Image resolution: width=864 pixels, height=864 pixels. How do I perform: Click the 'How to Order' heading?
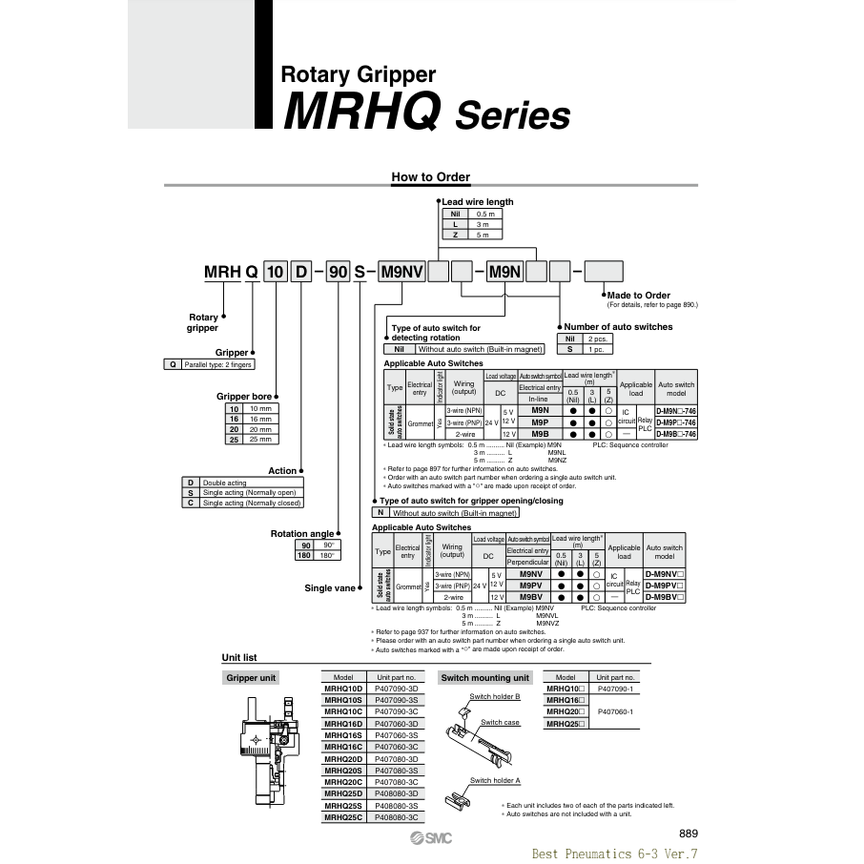(x=430, y=176)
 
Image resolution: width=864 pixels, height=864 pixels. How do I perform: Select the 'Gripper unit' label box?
(x=251, y=678)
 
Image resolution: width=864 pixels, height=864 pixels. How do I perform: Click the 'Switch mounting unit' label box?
(x=484, y=678)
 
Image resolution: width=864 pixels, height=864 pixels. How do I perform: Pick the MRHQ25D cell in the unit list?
(x=343, y=793)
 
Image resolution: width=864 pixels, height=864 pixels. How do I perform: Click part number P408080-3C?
(x=397, y=817)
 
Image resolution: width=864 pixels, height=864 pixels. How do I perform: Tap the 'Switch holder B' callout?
(x=502, y=696)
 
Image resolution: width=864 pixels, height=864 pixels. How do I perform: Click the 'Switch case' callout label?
(x=500, y=723)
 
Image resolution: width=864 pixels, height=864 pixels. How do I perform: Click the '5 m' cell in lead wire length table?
(x=483, y=235)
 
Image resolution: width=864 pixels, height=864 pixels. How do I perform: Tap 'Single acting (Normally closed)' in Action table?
(x=251, y=503)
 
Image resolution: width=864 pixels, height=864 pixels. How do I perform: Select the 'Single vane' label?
(x=330, y=588)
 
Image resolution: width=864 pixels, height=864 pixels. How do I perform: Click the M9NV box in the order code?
(x=401, y=272)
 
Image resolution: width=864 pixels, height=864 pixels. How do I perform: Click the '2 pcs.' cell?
(x=598, y=339)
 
